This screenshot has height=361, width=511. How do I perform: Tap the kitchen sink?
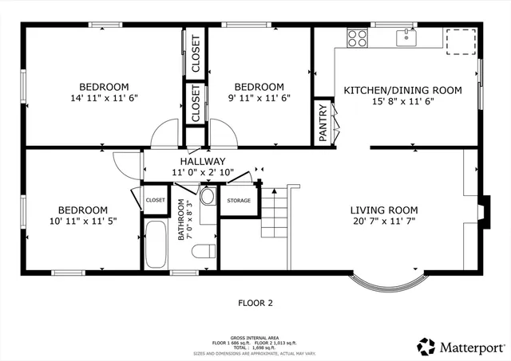[x=407, y=37]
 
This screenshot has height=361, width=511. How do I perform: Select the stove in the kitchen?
[x=358, y=37]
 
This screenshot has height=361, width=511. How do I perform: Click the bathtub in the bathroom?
[x=156, y=245]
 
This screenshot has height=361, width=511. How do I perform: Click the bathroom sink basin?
[x=207, y=197]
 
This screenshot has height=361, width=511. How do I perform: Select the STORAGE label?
[x=238, y=201]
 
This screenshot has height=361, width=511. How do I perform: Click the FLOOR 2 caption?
[x=255, y=303]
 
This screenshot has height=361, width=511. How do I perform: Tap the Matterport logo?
[x=461, y=346]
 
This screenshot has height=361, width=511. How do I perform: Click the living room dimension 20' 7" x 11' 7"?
[x=384, y=223]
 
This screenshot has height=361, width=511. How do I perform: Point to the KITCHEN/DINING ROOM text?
[x=402, y=90]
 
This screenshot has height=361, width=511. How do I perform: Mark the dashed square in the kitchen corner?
[x=459, y=41]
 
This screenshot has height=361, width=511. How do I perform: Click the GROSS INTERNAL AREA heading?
[x=255, y=337]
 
